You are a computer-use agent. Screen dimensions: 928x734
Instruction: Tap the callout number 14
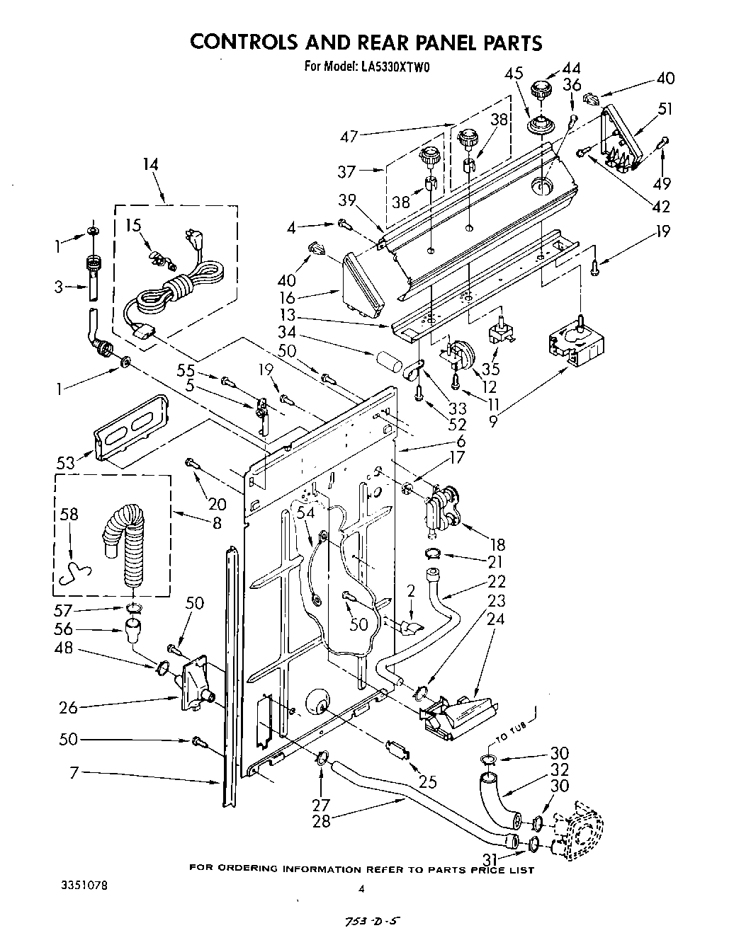150,165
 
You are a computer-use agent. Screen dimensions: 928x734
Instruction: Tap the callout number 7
73,774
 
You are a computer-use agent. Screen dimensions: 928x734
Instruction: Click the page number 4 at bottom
361,889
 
